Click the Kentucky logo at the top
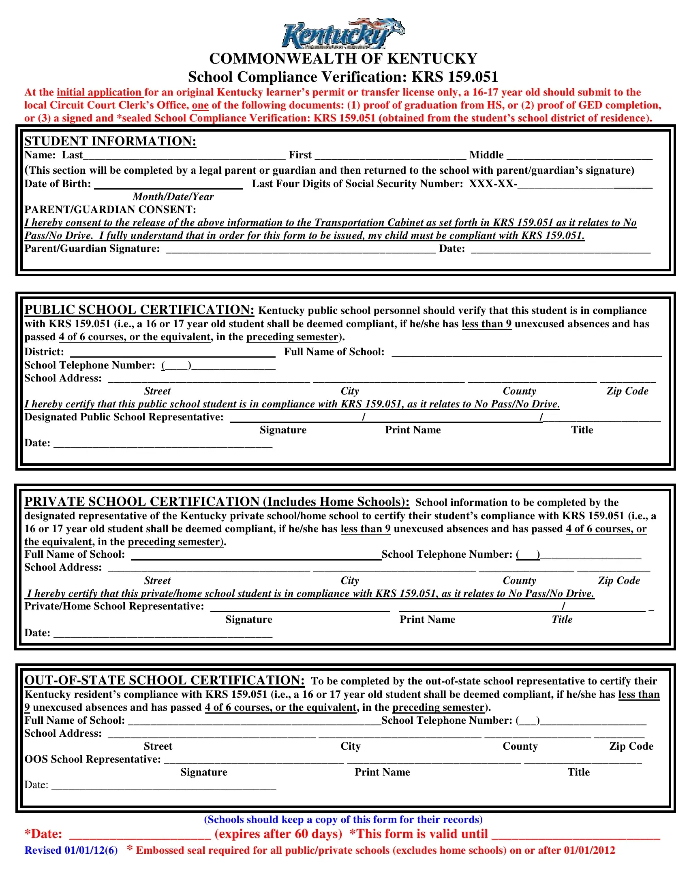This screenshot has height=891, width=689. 343,34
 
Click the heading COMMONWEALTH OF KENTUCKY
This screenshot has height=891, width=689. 343,59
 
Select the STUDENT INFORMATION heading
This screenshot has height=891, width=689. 110,141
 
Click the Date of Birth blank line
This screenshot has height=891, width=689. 168,184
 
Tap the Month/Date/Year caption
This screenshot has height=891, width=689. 173,197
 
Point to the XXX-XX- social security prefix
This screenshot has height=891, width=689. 493,184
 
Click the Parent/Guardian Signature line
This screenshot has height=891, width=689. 300,249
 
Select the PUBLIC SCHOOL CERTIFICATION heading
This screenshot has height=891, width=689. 139,310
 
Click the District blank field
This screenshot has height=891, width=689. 173,352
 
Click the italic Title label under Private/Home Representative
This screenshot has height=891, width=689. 562,619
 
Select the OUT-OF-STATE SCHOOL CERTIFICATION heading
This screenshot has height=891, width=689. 165,680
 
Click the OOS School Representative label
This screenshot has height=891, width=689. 93,759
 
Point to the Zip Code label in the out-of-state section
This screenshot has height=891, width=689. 631,746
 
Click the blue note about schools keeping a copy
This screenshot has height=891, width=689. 343,820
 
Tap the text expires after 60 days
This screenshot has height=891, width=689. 278,833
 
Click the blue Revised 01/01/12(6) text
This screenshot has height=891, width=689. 71,850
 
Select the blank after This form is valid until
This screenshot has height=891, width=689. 576,834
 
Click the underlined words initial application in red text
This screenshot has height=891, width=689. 99,92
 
